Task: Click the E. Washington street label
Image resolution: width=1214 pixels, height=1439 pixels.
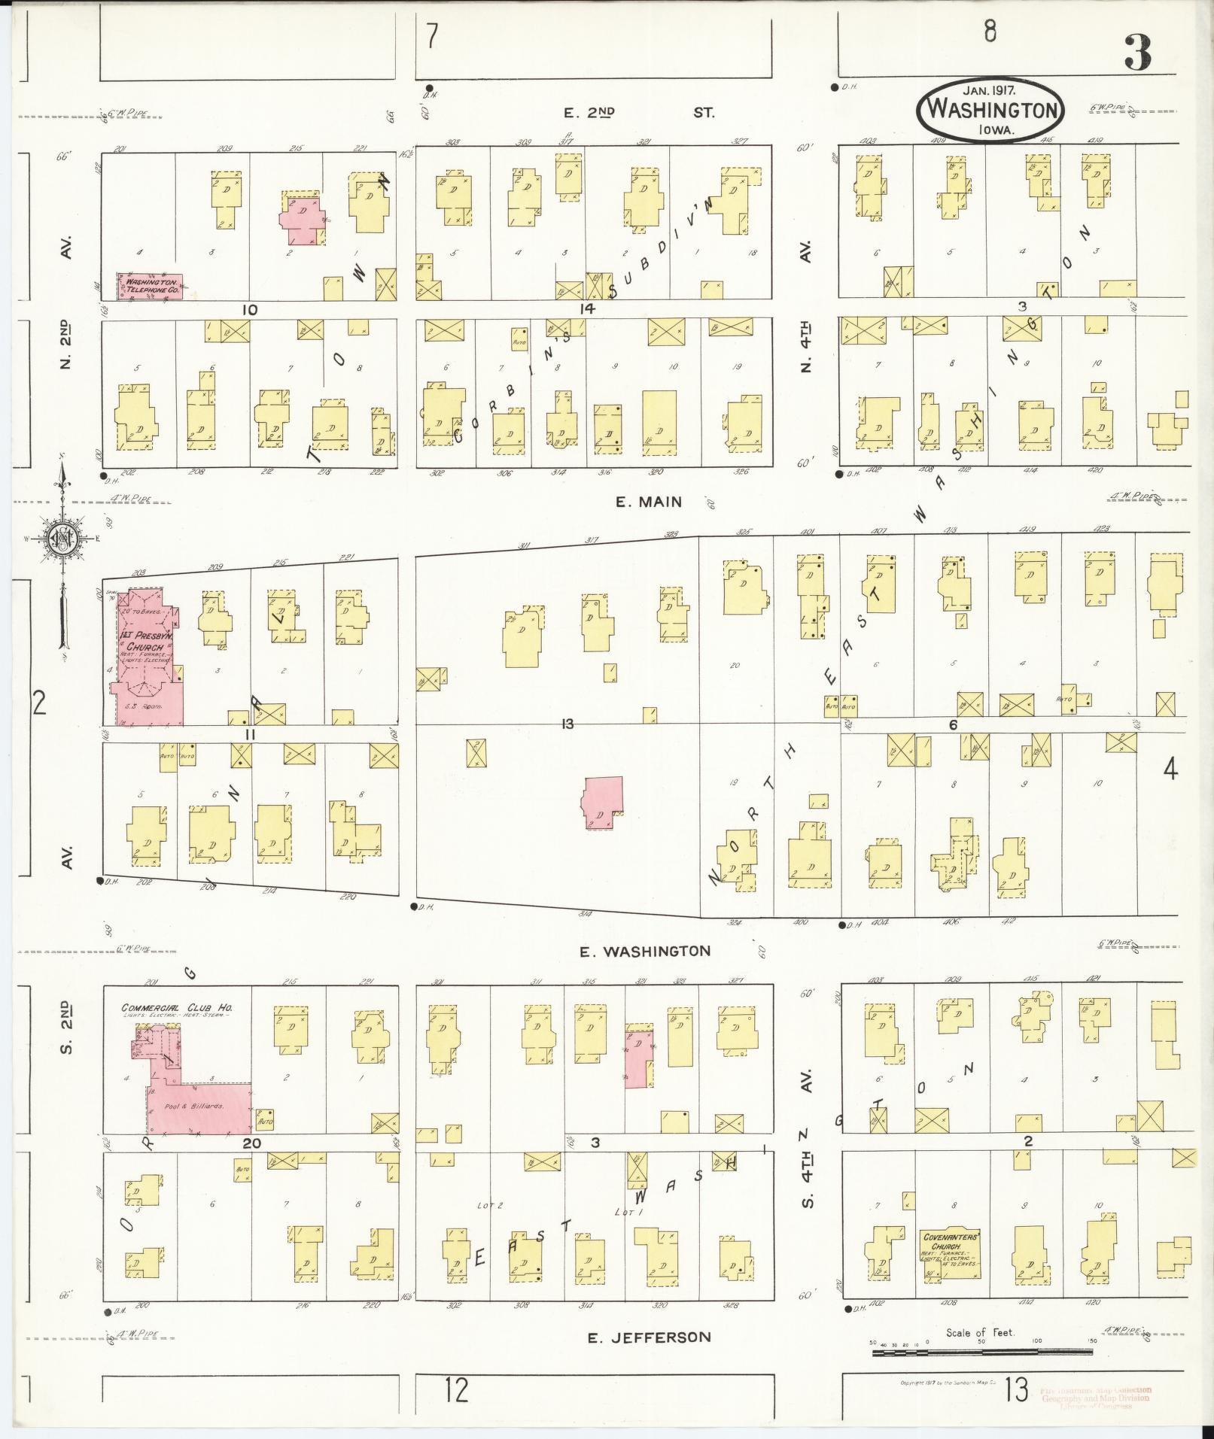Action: tap(645, 951)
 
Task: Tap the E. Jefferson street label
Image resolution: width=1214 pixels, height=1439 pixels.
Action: tap(649, 1337)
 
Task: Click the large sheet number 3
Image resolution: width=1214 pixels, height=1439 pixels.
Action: tap(1138, 52)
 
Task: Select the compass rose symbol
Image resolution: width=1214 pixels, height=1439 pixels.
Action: tap(60, 539)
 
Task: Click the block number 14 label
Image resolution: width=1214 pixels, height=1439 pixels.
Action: tap(587, 308)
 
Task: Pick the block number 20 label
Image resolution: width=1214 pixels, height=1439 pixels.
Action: tap(251, 1164)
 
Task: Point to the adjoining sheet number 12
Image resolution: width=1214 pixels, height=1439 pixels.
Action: tap(456, 1389)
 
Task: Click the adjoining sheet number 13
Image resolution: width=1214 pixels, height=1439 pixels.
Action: tap(1016, 1389)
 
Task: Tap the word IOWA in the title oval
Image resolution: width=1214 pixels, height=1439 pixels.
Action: tap(996, 129)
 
